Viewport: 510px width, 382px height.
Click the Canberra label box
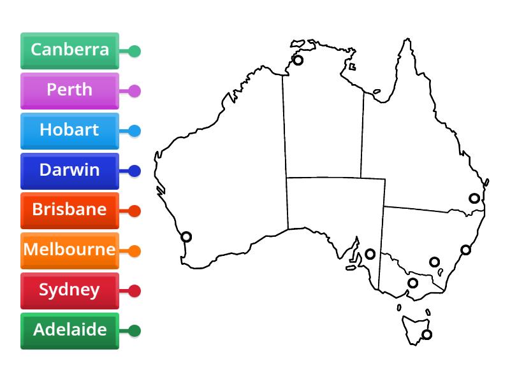tap(69, 50)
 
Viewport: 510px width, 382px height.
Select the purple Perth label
tap(69, 90)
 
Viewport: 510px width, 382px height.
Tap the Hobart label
tap(69, 130)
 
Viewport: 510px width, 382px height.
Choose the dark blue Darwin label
tap(69, 170)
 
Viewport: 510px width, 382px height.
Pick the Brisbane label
tap(69, 209)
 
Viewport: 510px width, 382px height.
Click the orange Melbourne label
tap(69, 250)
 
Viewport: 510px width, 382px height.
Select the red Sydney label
tap(69, 290)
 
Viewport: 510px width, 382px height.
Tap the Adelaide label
tap(69, 330)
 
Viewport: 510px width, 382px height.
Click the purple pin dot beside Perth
tap(135, 91)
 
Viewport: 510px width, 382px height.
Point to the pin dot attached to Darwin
tap(135, 171)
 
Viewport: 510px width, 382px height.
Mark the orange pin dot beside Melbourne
tap(135, 251)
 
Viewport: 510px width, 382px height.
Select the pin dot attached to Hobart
tap(135, 131)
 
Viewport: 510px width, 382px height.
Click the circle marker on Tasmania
tap(426, 334)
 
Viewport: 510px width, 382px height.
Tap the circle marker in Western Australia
tap(186, 237)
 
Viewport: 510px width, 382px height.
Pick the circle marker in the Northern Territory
tap(298, 60)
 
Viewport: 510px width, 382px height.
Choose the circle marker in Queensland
tap(474, 198)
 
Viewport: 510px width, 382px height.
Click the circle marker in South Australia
tap(370, 254)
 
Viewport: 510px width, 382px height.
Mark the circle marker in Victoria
tap(413, 283)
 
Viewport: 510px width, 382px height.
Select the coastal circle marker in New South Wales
tap(466, 250)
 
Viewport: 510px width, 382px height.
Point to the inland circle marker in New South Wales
tap(434, 262)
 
